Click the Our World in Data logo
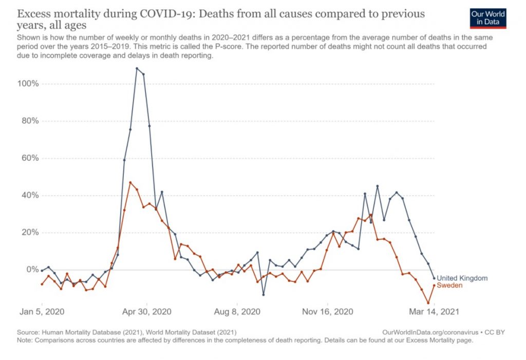[488, 18]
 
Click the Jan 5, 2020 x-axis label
[43, 312]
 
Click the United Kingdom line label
[462, 278]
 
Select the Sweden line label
[450, 285]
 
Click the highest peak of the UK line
[137, 68]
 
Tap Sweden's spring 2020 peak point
[130, 182]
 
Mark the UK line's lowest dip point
[264, 295]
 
